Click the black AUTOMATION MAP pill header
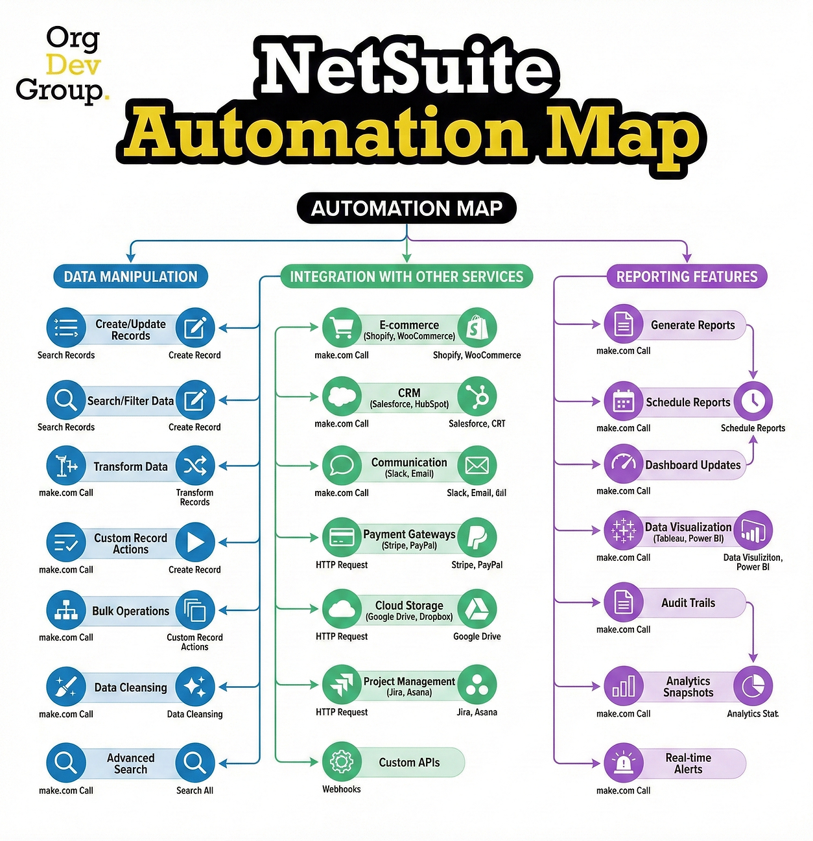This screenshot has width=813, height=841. point(406,208)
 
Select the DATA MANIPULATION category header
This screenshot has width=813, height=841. point(130,277)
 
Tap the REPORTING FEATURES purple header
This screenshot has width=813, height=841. point(687,277)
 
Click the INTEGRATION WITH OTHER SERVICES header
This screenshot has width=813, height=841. point(406,277)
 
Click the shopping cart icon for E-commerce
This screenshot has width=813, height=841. point(342,327)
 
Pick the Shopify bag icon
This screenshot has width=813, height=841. point(477,327)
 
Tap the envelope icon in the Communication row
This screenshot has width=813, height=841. point(477,465)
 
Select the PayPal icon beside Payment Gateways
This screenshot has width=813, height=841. point(477,537)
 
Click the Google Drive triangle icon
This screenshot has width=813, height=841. point(477,609)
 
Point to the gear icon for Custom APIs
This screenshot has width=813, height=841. point(342,762)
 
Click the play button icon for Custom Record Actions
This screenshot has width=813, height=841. point(195,542)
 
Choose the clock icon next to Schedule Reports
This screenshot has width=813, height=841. point(753,401)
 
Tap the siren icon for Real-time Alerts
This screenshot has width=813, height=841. point(624,763)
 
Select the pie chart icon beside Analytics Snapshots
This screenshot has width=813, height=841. point(753,686)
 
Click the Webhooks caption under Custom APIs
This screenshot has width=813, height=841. point(342,789)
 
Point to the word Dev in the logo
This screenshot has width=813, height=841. point(73,65)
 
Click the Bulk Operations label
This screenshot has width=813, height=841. point(130,611)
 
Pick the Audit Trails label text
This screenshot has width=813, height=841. point(688,603)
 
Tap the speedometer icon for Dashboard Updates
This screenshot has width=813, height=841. point(624,464)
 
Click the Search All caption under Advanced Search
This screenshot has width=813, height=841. point(194,790)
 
